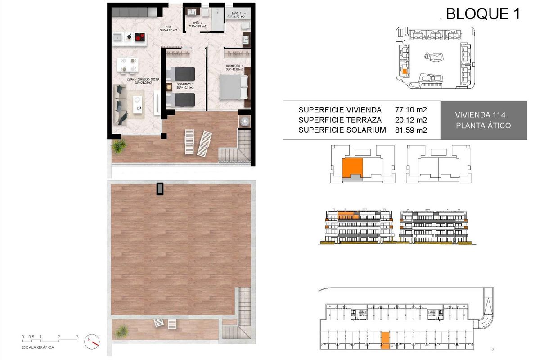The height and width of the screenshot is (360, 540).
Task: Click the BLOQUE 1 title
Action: [482, 14]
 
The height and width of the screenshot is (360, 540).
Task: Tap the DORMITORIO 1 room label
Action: [234, 67]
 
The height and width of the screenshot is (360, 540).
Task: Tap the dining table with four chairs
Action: [127, 64]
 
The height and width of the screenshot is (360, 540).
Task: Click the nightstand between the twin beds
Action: [169, 87]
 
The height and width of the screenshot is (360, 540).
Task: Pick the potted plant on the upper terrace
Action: [120, 146]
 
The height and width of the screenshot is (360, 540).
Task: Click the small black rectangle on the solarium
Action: [160, 189]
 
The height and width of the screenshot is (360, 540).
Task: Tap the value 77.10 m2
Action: [410, 110]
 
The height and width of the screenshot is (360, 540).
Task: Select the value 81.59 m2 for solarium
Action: [410, 130]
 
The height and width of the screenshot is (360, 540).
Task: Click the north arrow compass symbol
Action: [92, 341]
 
